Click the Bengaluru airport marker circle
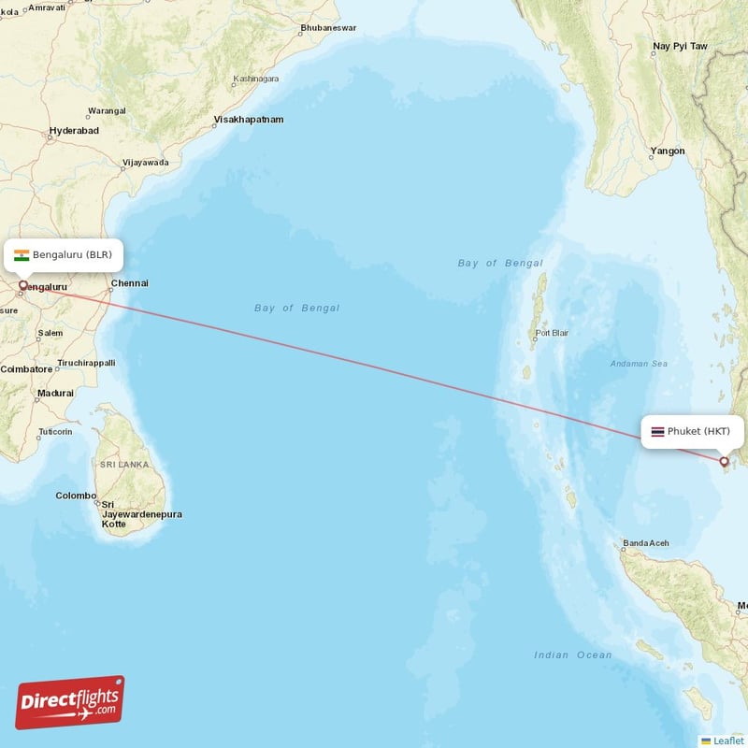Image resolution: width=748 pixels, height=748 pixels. pyautogui.click(x=23, y=284)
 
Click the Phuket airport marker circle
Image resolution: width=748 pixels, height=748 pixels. pyautogui.click(x=724, y=460)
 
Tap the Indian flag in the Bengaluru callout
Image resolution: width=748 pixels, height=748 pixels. pyautogui.click(x=22, y=254)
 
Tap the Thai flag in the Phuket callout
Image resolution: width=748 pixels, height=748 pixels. pyautogui.click(x=658, y=431)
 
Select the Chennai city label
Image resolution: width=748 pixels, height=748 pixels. pyautogui.click(x=129, y=283)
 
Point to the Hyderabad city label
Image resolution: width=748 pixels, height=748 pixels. pyautogui.click(x=74, y=131)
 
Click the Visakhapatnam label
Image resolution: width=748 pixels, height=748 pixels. pyautogui.click(x=249, y=120)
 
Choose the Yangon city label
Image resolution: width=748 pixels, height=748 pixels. pyautogui.click(x=668, y=151)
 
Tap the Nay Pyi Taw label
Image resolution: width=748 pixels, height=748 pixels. pyautogui.click(x=680, y=46)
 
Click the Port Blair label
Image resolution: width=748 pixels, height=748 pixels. pyautogui.click(x=552, y=333)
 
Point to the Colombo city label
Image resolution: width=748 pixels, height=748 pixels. pyautogui.click(x=76, y=496)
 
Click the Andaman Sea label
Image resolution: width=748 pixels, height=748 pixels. pyautogui.click(x=639, y=364)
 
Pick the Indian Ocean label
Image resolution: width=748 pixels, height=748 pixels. pyautogui.click(x=573, y=655)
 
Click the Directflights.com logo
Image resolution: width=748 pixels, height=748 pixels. pyautogui.click(x=70, y=703)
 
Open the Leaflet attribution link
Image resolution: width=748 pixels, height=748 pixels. pyautogui.click(x=727, y=741)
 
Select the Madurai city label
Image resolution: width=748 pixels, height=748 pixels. pyautogui.click(x=55, y=394)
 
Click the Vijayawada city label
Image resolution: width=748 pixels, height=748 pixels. pyautogui.click(x=145, y=163)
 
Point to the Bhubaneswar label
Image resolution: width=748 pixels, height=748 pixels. pyautogui.click(x=328, y=28)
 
